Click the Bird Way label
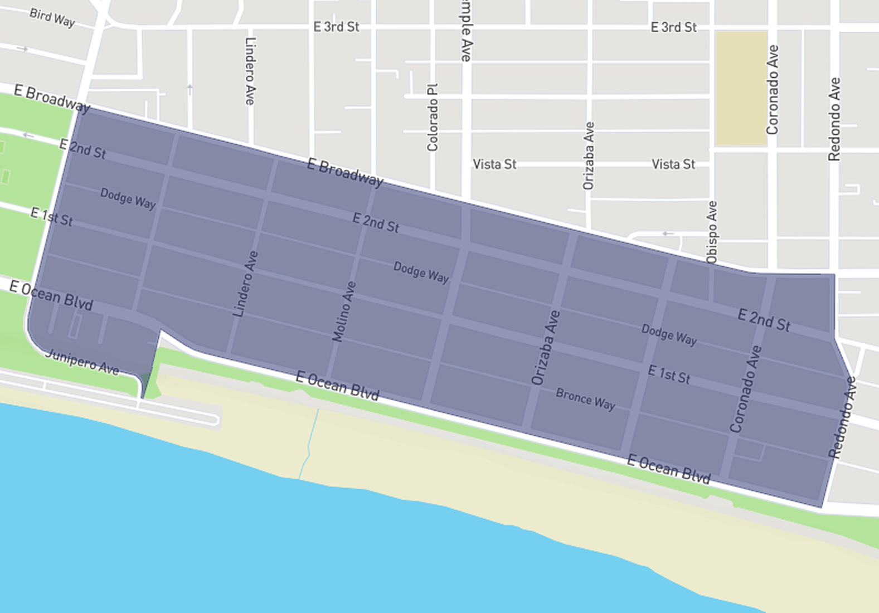[52, 17]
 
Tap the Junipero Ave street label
[82, 362]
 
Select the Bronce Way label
[585, 399]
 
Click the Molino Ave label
[343, 312]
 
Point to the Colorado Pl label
[433, 118]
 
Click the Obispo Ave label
[712, 232]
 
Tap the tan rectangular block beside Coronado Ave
[741, 88]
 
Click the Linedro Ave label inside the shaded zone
[245, 284]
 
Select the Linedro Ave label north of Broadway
[250, 71]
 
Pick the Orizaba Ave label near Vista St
[589, 155]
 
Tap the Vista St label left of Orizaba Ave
[494, 164]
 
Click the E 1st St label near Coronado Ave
[669, 374]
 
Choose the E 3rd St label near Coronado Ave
[673, 27]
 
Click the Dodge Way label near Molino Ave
[421, 272]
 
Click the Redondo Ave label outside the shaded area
[834, 119]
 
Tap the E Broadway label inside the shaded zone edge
[344, 172]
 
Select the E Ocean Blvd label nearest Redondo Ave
[669, 469]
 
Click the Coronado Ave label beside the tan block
[772, 90]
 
